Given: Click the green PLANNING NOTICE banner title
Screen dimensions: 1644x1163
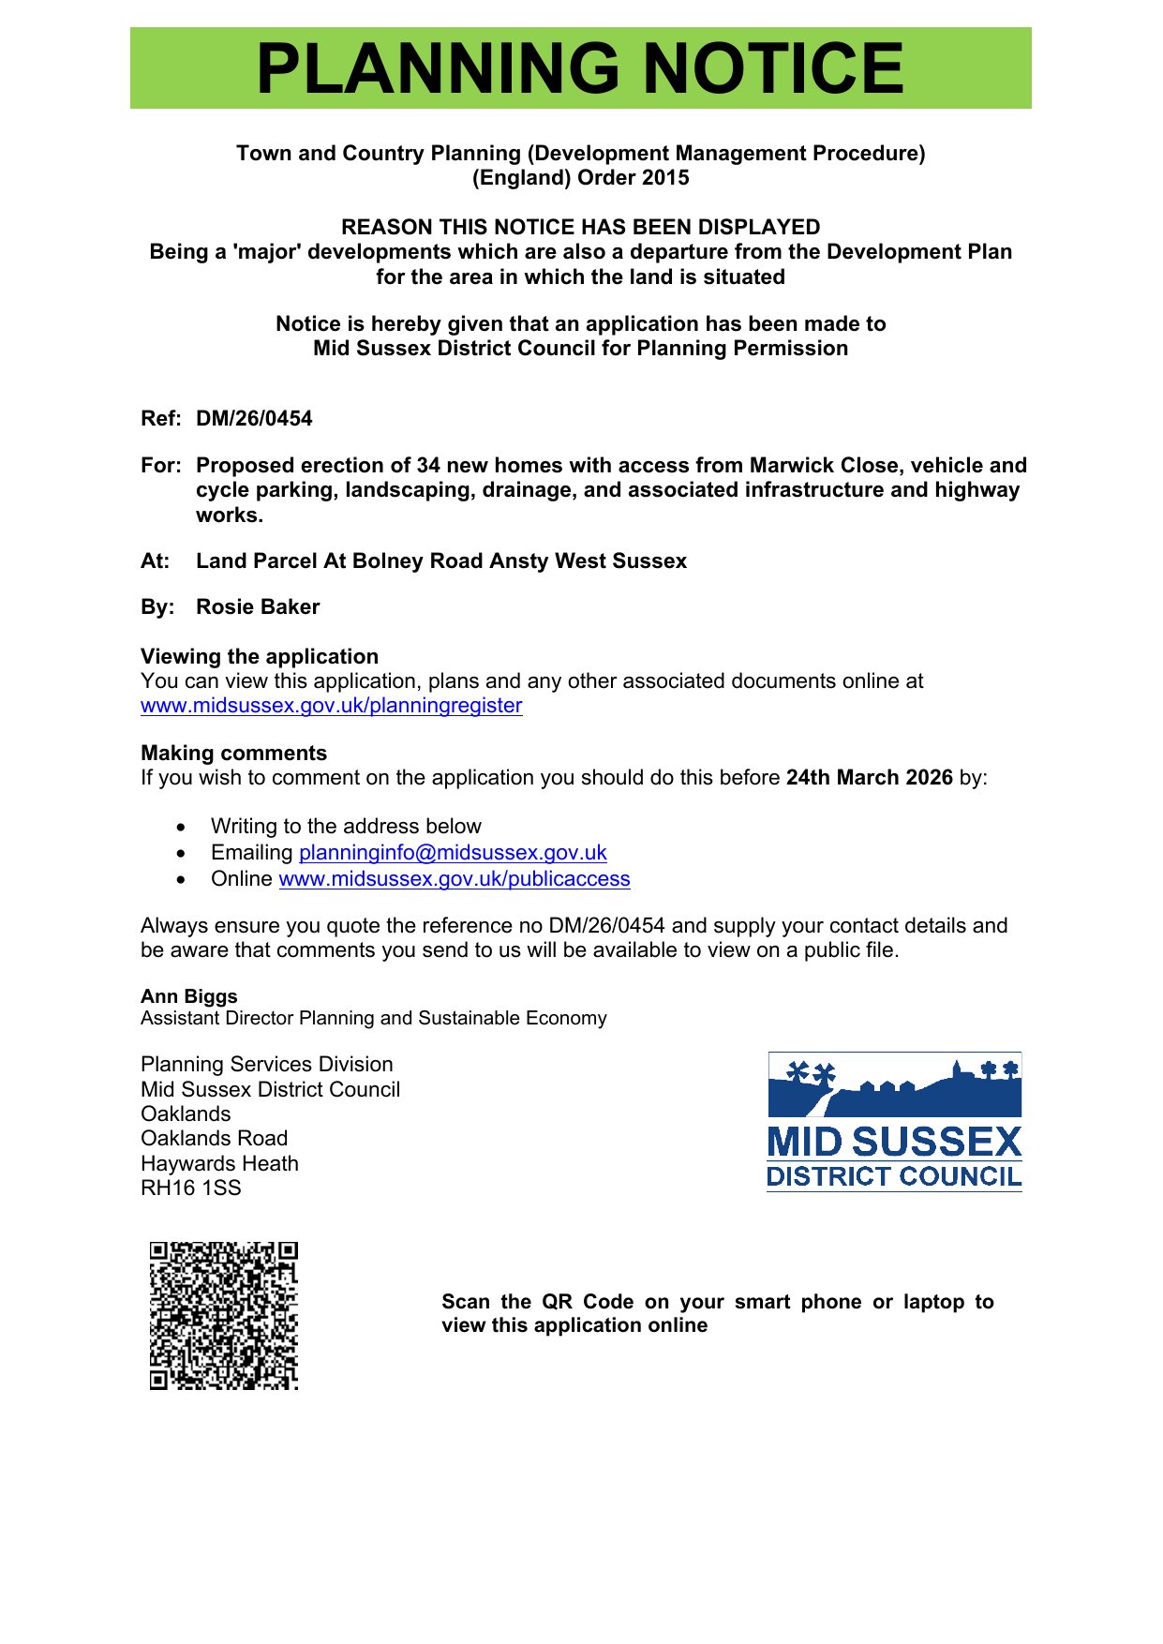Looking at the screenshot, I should [x=580, y=68].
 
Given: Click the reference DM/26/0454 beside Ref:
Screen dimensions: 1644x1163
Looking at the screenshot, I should [x=254, y=419].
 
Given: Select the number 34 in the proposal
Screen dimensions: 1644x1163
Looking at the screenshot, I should [x=428, y=466].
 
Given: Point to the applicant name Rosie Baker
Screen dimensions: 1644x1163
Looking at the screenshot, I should [x=258, y=607].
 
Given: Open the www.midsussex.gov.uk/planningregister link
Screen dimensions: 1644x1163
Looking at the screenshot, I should [x=331, y=706].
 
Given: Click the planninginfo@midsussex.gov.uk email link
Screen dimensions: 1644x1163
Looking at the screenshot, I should [x=453, y=853].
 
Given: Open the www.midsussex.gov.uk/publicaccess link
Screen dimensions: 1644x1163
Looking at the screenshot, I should [x=455, y=879].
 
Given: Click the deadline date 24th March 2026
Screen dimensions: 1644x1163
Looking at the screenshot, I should [x=869, y=778].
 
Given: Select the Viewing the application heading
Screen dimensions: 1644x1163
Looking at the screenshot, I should [x=260, y=657].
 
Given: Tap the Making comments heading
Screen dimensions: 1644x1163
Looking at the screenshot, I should [x=233, y=754].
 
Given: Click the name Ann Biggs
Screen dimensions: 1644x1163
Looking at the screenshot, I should [x=189, y=996].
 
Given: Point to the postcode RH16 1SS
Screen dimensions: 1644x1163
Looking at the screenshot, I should [x=191, y=1188].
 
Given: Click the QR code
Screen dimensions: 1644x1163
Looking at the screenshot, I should [x=224, y=1315].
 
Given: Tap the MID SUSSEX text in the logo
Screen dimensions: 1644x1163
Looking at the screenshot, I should [x=894, y=1143].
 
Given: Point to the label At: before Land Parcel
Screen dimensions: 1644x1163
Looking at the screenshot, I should [x=156, y=561].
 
